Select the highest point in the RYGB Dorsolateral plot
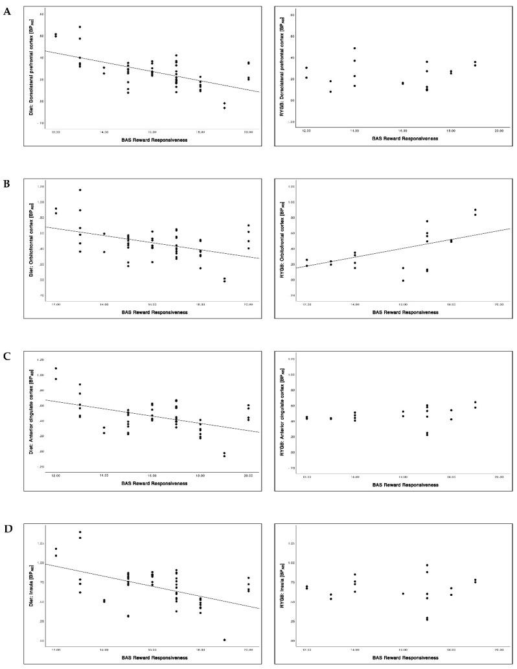coord(354,48)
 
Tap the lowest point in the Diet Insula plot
coord(224,640)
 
